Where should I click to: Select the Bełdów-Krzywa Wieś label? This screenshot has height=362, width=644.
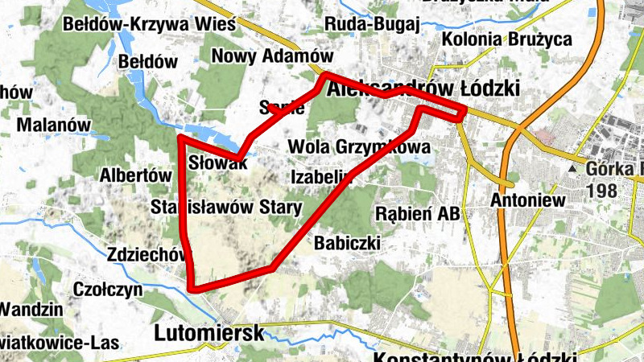click(149, 24)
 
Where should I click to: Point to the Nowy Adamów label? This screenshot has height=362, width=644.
click(272, 56)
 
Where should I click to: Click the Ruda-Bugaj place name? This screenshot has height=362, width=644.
click(372, 24)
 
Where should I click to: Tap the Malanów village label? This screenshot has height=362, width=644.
click(52, 125)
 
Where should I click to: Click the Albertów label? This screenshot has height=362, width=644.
click(136, 175)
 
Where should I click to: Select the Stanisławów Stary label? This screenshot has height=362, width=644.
click(226, 208)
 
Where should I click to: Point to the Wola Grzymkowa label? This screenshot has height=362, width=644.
click(358, 148)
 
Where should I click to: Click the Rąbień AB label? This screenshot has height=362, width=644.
click(418, 214)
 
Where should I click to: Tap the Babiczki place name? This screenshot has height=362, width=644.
click(347, 242)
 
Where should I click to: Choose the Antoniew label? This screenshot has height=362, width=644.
click(524, 200)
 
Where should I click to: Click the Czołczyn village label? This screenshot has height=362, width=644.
click(108, 289)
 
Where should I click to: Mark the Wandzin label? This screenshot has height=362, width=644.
click(31, 309)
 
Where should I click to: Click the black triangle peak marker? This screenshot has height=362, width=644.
click(572, 169)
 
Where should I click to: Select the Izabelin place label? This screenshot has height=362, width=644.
click(320, 175)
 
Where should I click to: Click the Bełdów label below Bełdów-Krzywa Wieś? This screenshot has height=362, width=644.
click(147, 61)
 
